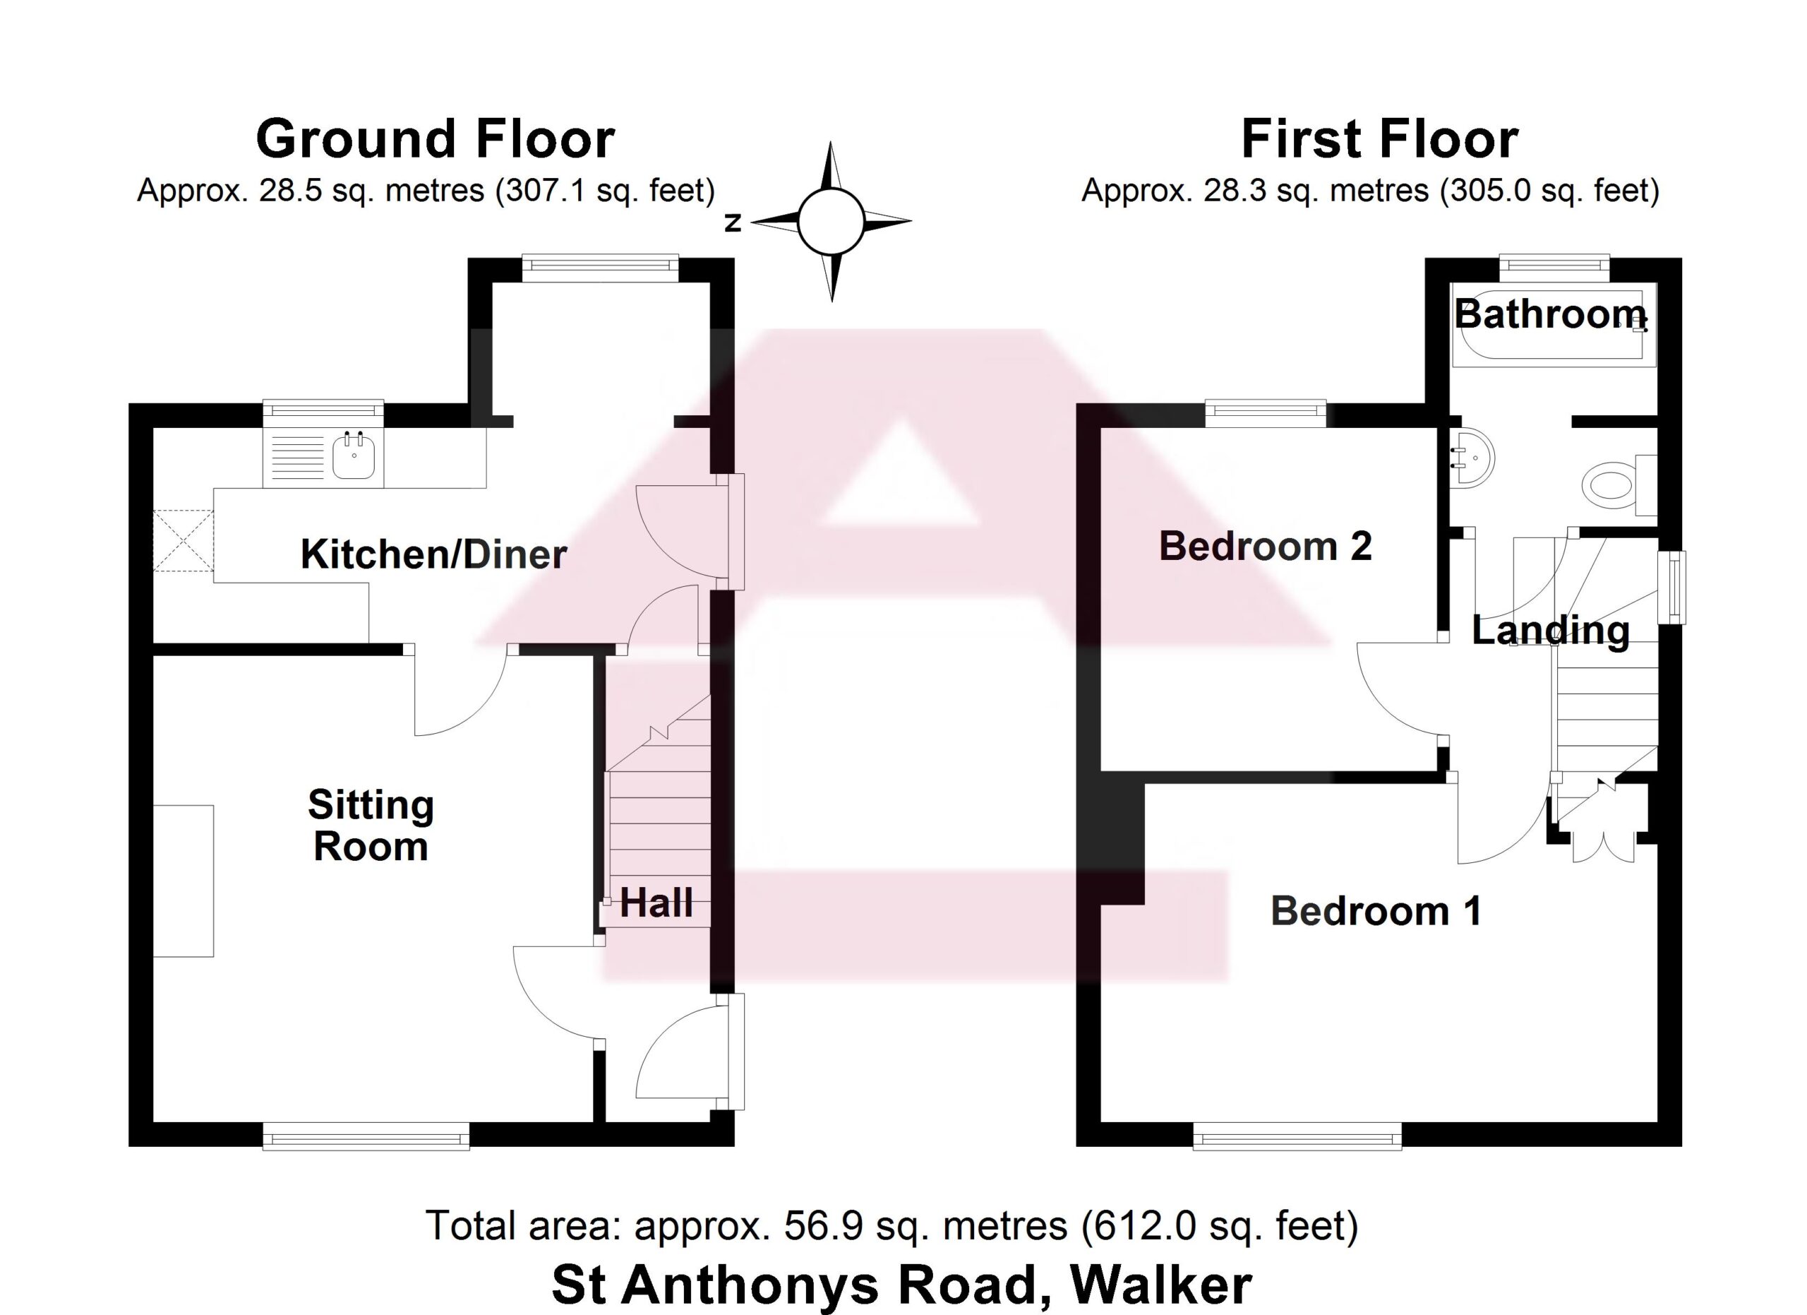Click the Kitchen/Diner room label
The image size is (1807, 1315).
[433, 554]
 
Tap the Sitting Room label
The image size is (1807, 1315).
[371, 825]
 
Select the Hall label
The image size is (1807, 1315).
[656, 903]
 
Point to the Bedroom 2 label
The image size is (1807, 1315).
[1265, 546]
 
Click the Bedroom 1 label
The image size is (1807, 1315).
[1376, 911]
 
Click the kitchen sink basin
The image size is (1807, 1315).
[354, 455]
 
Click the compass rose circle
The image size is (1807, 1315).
[831, 222]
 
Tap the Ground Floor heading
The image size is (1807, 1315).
[435, 139]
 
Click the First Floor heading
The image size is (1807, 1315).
[1379, 139]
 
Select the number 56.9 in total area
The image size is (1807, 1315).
[823, 1225]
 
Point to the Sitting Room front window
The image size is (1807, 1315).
[366, 1136]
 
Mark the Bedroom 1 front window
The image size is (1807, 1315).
[1297, 1136]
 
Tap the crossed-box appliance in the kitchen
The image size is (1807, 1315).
[184, 540]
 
